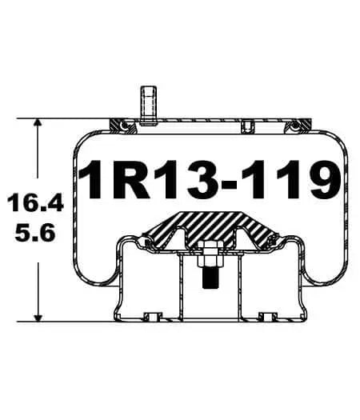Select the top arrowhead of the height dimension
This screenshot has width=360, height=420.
[38, 126]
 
